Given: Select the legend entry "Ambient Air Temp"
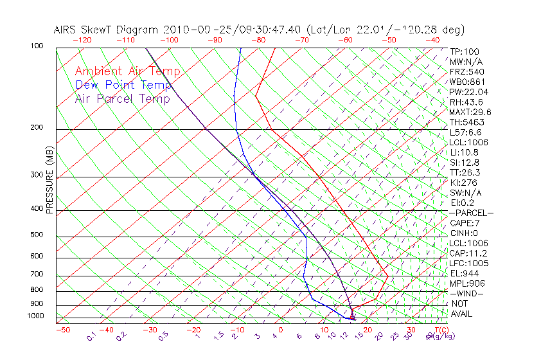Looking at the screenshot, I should click(x=127, y=71).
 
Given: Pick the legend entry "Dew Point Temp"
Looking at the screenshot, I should click(x=123, y=85).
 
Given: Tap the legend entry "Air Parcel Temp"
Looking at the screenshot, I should click(x=122, y=98).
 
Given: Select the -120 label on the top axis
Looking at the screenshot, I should click(x=82, y=40).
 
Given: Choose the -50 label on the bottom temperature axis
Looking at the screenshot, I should click(x=62, y=330).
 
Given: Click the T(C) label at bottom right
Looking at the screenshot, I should click(x=438, y=330).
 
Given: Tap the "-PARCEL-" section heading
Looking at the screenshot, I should click(x=471, y=213).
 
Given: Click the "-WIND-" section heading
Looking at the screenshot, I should click(x=466, y=293).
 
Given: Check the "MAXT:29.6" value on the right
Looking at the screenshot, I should click(x=470, y=112).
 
